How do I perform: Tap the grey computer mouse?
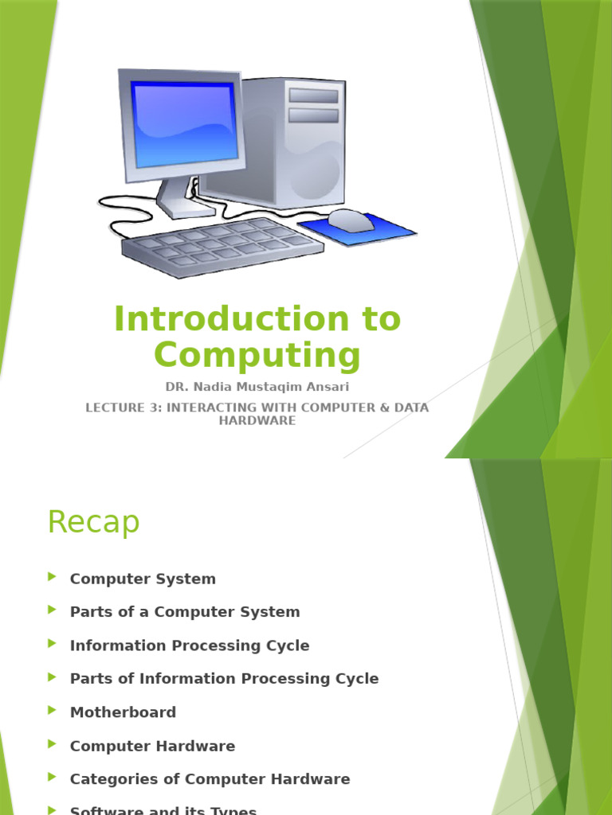(x=351, y=220)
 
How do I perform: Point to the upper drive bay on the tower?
(x=313, y=96)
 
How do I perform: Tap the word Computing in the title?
(x=257, y=355)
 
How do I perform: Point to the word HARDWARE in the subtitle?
(x=257, y=420)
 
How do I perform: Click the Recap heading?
(x=93, y=523)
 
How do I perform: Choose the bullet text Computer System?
(x=143, y=579)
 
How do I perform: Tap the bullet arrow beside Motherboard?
(x=53, y=711)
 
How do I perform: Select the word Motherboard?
(x=123, y=712)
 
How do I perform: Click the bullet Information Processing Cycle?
(x=190, y=645)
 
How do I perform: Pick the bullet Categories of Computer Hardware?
(x=210, y=779)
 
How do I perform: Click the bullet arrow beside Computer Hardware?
(x=53, y=744)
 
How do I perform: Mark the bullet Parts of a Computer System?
(x=185, y=612)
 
